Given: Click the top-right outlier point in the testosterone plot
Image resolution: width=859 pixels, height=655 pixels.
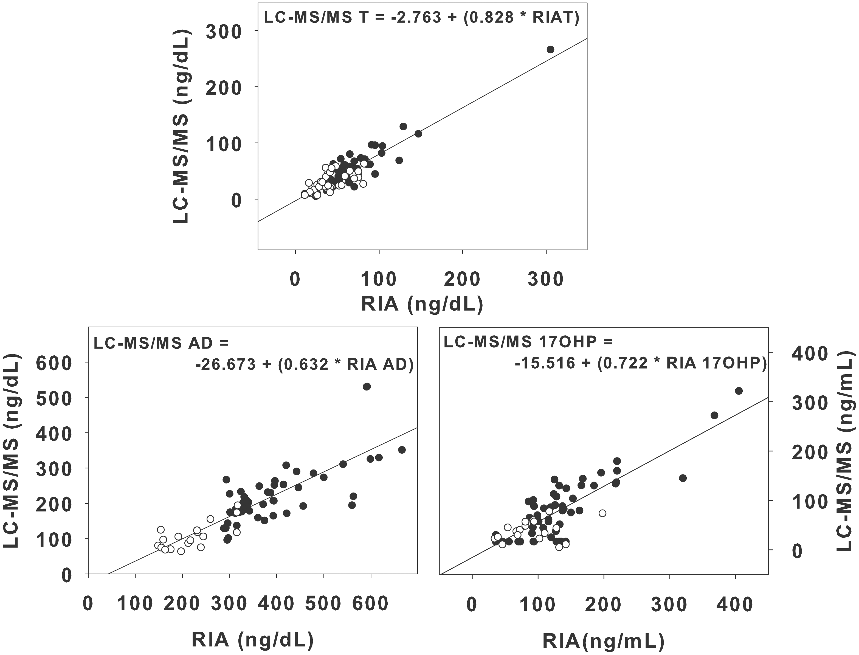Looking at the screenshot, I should click(x=550, y=49).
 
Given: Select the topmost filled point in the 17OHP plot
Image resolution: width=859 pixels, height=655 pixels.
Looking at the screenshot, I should click(x=739, y=391).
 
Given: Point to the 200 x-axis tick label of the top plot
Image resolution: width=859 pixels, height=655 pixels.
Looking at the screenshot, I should click(x=462, y=279).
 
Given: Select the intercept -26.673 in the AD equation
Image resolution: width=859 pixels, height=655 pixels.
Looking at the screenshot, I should click(x=225, y=364).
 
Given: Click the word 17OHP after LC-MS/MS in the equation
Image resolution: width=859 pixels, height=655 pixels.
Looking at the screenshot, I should click(x=572, y=342).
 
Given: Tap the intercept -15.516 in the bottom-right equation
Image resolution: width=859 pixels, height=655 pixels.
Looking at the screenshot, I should click(x=545, y=363).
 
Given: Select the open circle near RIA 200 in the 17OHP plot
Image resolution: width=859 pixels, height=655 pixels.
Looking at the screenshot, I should click(x=602, y=513).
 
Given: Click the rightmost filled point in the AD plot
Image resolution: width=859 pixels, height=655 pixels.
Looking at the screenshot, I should click(x=402, y=449).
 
